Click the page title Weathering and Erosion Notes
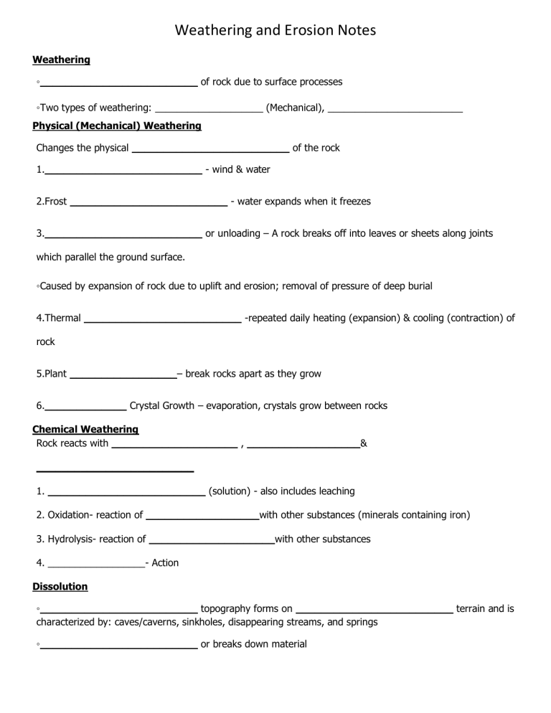point(275,30)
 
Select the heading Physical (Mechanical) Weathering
point(117,126)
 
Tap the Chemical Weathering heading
point(85,429)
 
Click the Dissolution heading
point(60,586)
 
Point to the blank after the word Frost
point(148,204)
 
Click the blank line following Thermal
point(163,321)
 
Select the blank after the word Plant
point(123,377)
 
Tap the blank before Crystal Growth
point(85,409)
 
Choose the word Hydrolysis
point(71,539)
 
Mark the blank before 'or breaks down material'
point(118,647)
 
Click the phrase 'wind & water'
point(241,170)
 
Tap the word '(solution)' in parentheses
point(229,491)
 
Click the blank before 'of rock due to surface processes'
point(118,85)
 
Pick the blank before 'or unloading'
point(123,236)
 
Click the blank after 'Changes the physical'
point(211,151)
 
